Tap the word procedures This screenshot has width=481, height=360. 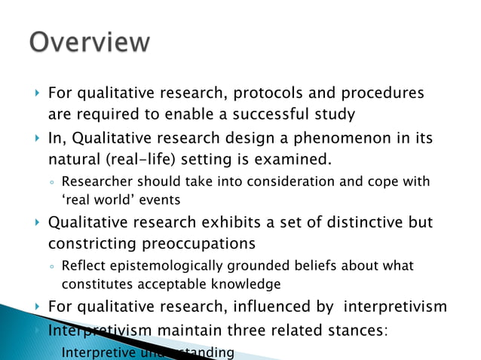pyautogui.click(x=379, y=94)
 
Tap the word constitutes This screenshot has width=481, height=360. pyautogui.click(x=93, y=284)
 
